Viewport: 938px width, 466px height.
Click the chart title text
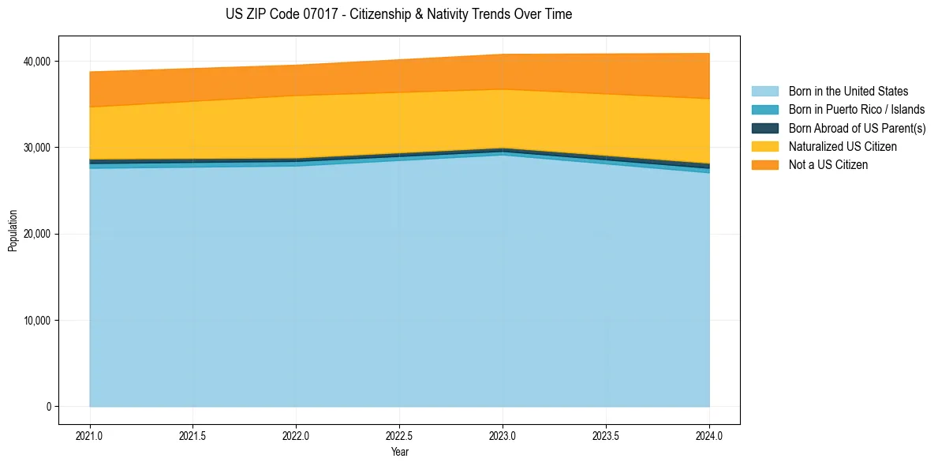click(x=398, y=14)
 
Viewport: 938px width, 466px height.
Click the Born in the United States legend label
click(x=848, y=92)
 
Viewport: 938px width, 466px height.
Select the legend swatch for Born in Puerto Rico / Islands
click(x=764, y=110)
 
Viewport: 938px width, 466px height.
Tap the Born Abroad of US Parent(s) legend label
click(x=857, y=128)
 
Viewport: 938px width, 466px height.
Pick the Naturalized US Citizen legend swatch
click(x=764, y=146)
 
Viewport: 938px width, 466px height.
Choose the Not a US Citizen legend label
click(x=828, y=165)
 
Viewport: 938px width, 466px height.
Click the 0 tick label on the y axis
click(x=48, y=407)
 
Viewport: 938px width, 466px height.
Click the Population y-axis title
click(x=13, y=231)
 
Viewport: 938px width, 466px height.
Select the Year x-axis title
click(x=399, y=453)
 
